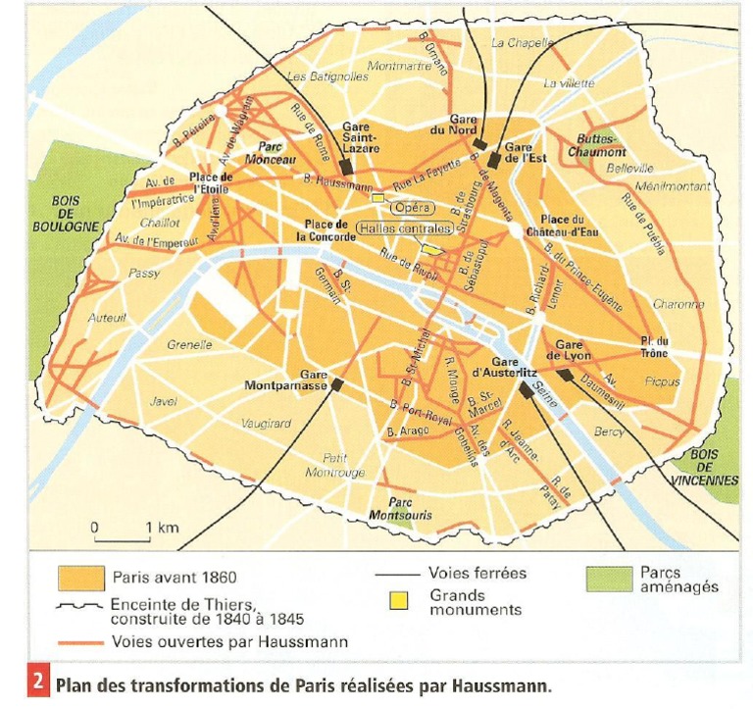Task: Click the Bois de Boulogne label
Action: tap(75, 214)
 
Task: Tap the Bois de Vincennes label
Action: tap(704, 468)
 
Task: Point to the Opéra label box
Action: tap(411, 207)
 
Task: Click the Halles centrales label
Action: tap(404, 228)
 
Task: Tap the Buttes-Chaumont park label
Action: tap(600, 146)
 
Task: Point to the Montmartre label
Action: tap(399, 67)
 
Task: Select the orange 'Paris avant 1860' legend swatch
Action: tap(81, 576)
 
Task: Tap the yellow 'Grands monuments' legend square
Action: tap(398, 597)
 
